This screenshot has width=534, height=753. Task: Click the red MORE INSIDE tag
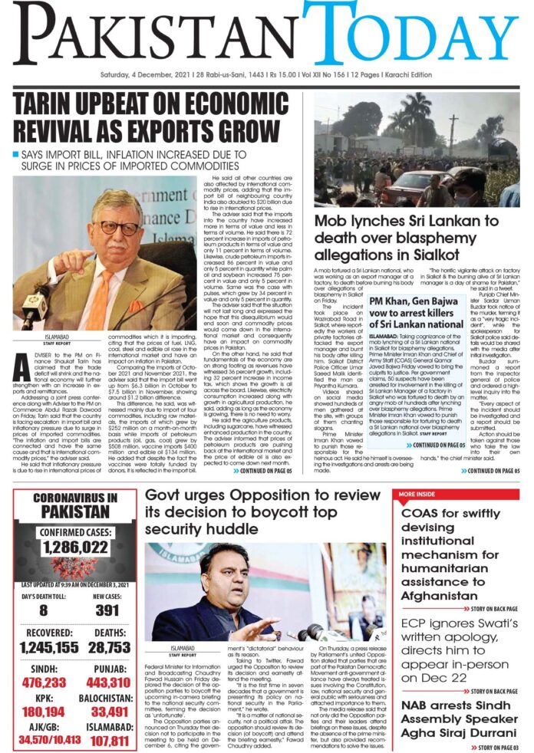(416, 495)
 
